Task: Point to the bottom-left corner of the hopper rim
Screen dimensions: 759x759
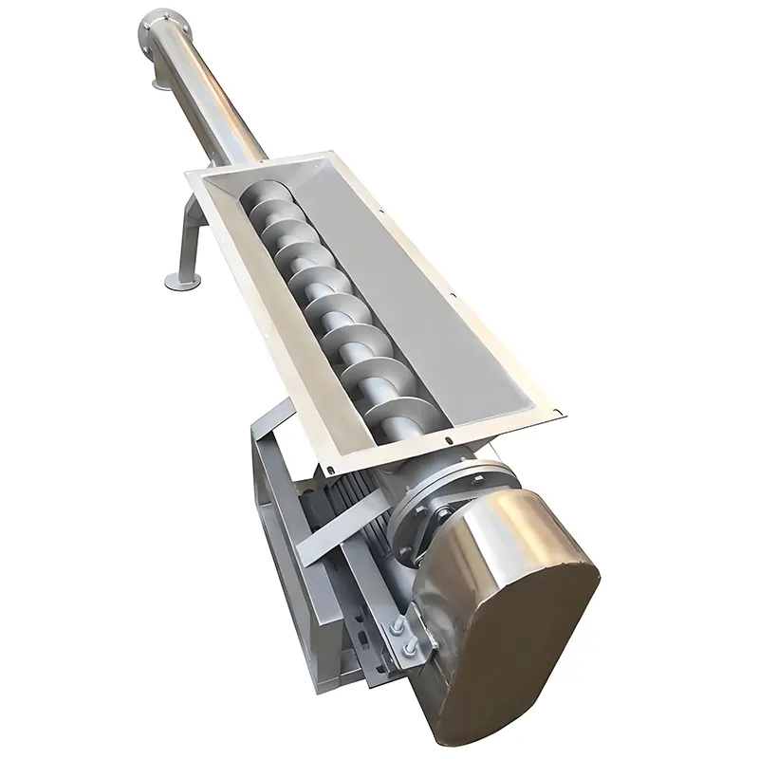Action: coord(327,472)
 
